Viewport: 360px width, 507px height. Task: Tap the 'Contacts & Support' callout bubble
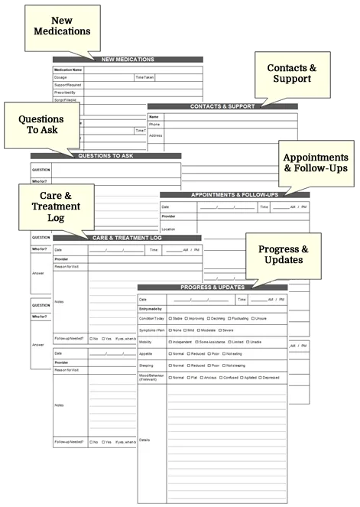pos(291,73)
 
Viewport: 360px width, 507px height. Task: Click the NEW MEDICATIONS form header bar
pos(127,60)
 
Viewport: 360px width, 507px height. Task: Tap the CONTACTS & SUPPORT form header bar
pos(222,106)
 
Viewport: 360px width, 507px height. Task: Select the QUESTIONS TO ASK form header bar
pos(105,156)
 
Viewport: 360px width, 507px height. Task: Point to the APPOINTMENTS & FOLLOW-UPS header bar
pos(234,194)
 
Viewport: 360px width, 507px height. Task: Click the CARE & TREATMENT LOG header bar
pos(127,238)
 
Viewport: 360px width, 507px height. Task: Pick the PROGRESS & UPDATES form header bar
pos(212,288)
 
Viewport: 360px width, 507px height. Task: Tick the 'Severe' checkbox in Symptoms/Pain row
pos(219,330)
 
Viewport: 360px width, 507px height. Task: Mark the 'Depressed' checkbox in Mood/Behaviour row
pos(262,378)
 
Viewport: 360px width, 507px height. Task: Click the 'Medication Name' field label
pos(68,70)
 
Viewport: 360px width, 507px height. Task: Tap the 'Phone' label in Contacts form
pos(154,124)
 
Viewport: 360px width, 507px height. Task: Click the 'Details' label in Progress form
pos(145,440)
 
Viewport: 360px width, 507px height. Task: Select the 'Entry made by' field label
pos(151,307)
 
